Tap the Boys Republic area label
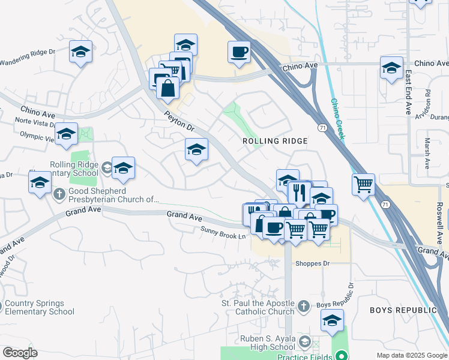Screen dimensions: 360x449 [402, 310]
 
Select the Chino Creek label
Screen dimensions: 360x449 [338, 119]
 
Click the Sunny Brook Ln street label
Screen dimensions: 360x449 [223, 232]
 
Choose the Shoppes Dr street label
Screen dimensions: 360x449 [312, 263]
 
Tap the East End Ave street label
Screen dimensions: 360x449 [407, 94]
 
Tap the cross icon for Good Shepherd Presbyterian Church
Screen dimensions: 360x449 [59, 194]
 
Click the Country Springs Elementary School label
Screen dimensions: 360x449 [40, 307]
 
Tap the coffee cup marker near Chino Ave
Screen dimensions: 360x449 [240, 52]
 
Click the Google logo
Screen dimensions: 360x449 [20, 353]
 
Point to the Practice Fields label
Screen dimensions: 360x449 [301, 356]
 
